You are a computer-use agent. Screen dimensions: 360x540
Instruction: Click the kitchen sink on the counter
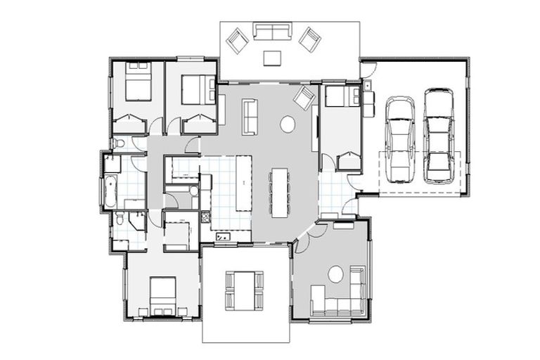point(224,236)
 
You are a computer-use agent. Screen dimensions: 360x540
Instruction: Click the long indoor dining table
point(279,191)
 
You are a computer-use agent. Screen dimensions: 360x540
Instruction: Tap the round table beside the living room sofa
point(288,124)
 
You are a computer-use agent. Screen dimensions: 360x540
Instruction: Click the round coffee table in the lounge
point(337,274)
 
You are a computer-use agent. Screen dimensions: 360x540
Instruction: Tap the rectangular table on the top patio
point(271,57)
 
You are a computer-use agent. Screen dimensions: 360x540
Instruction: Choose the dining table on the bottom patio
point(244,288)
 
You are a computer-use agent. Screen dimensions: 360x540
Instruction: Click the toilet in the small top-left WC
point(119,144)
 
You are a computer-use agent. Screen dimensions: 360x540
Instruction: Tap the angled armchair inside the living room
point(305,98)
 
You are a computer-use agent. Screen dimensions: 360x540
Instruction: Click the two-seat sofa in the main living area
point(250,116)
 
